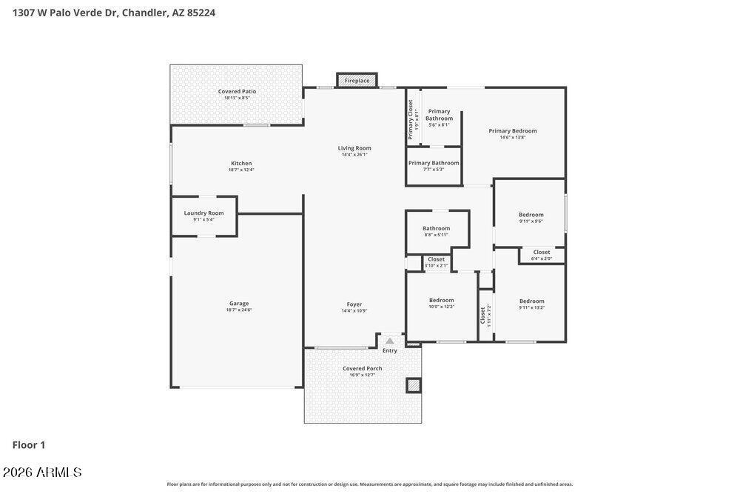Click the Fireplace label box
pyautogui.click(x=357, y=80)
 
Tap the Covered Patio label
pyautogui.click(x=237, y=92)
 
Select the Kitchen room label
pyautogui.click(x=241, y=164)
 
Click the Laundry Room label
pyautogui.click(x=203, y=213)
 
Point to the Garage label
pyautogui.click(x=238, y=304)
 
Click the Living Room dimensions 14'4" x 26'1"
pyautogui.click(x=354, y=155)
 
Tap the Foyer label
pyautogui.click(x=354, y=304)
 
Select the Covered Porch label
pyautogui.click(x=363, y=369)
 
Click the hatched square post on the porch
pyautogui.click(x=413, y=385)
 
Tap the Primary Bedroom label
pyautogui.click(x=513, y=131)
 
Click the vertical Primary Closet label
pyautogui.click(x=411, y=119)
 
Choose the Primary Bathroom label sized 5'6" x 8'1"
pyautogui.click(x=439, y=115)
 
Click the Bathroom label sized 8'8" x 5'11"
pyautogui.click(x=436, y=229)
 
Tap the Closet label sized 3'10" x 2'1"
pyautogui.click(x=437, y=259)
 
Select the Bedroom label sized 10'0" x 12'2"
pyautogui.click(x=442, y=301)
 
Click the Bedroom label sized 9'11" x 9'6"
pyautogui.click(x=531, y=215)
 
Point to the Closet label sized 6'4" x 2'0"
pyautogui.click(x=542, y=253)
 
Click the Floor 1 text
pyautogui.click(x=29, y=445)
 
